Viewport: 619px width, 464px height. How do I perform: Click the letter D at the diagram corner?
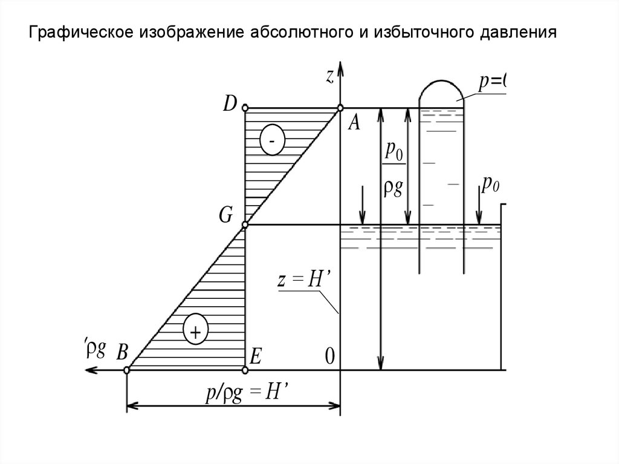[x=230, y=104]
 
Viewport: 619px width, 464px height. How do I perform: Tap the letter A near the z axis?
[x=354, y=123]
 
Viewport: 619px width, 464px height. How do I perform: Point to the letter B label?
[x=122, y=353]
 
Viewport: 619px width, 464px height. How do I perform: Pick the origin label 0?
[x=329, y=356]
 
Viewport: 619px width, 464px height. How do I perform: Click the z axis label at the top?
[x=330, y=76]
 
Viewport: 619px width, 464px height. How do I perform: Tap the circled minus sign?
[x=272, y=141]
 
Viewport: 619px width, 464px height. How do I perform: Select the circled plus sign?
[x=195, y=330]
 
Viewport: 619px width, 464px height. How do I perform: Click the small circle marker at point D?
[x=245, y=108]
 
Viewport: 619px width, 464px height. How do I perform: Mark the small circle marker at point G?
[x=245, y=225]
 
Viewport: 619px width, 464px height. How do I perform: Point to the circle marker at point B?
[x=126, y=370]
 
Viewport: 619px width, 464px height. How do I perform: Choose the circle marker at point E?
[x=245, y=370]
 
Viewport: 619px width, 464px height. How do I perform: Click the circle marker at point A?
[x=340, y=108]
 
